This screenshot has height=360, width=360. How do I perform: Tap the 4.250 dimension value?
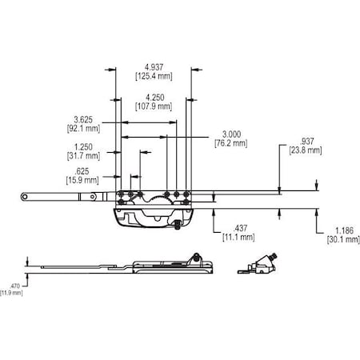click(152, 97)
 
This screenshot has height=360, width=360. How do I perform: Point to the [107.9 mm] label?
click(152, 106)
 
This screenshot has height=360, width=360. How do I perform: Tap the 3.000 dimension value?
click(230, 134)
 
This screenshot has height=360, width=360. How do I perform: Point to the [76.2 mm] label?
click(230, 143)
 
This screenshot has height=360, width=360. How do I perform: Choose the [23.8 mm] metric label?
click(305, 150)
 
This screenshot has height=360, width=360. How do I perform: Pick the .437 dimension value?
click(238, 227)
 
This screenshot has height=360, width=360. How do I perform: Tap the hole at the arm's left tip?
click(24, 195)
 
